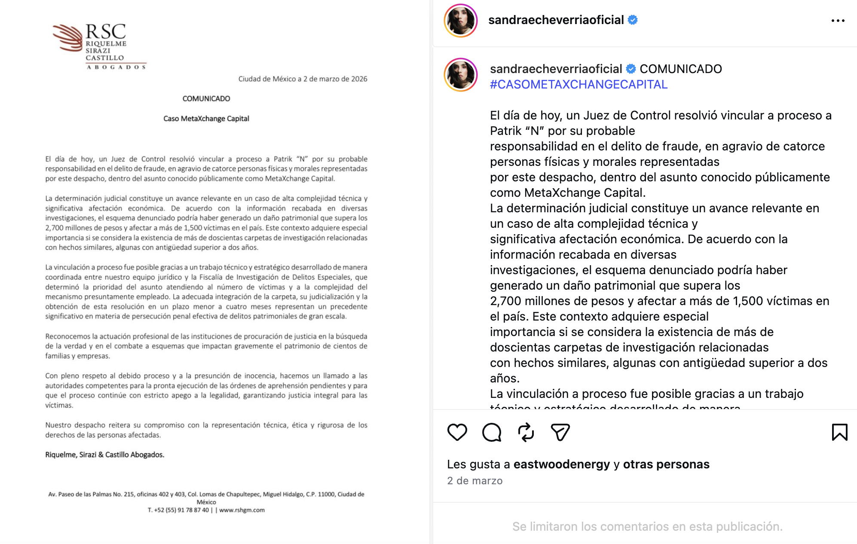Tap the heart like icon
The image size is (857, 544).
457,432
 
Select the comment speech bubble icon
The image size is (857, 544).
492,432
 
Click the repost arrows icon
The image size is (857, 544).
526,432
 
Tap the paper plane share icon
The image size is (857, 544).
560,432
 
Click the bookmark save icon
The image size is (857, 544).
839,432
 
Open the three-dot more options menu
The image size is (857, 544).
838,21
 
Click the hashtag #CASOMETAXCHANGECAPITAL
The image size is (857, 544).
578,84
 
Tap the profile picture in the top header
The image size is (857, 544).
460,21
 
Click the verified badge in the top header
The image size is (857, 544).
633,20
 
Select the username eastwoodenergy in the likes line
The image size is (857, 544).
561,464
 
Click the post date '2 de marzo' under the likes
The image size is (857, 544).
474,480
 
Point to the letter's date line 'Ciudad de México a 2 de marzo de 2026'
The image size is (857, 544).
303,79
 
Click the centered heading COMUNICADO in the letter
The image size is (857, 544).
206,98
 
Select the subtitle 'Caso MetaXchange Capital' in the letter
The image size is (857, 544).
206,119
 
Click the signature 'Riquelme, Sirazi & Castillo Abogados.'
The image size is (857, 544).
105,455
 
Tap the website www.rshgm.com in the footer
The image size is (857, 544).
242,510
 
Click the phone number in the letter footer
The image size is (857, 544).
178,510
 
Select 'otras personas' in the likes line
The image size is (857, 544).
666,464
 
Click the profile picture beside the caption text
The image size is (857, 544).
460,75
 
